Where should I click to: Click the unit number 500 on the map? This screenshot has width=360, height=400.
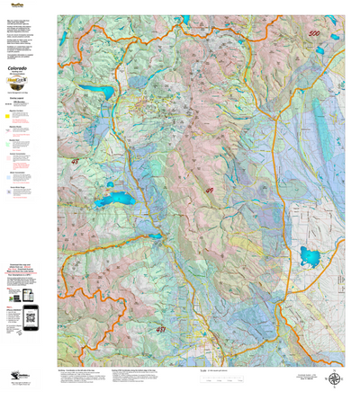click(313, 34)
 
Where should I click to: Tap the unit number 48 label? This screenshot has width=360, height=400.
click(75, 162)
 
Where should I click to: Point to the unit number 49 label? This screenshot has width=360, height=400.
click(210, 190)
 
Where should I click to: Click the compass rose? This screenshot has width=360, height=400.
click(334, 378)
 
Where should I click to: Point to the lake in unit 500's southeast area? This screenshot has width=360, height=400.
click(310, 258)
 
